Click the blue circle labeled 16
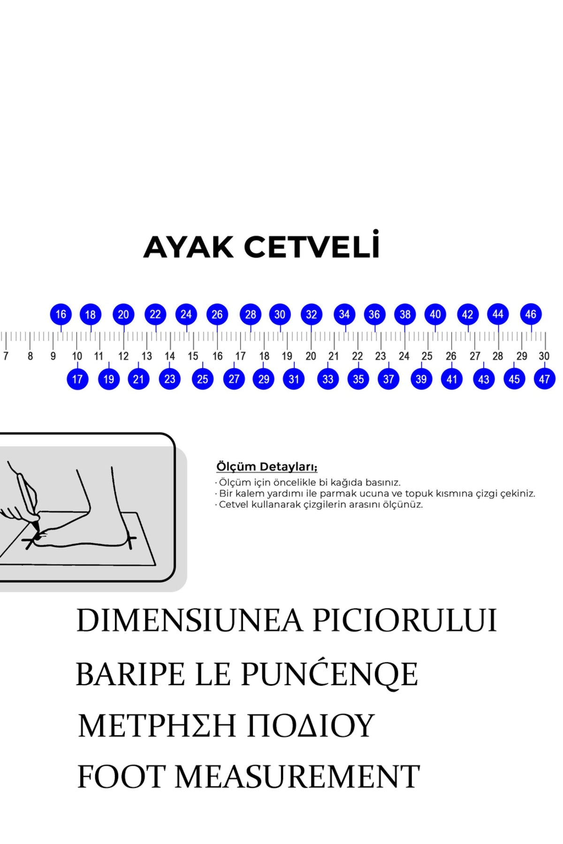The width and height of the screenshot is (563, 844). pyautogui.click(x=61, y=314)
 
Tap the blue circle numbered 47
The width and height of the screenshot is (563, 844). pyautogui.click(x=544, y=379)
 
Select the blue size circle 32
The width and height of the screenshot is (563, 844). pyautogui.click(x=312, y=314)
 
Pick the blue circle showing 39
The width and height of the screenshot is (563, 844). pyautogui.click(x=421, y=379)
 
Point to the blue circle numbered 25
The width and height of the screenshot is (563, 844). pyautogui.click(x=203, y=379)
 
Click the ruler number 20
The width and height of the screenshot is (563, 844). pyautogui.click(x=311, y=356)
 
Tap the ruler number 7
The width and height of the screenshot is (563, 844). pyautogui.click(x=6, y=356)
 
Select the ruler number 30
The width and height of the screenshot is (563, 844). pyautogui.click(x=544, y=356)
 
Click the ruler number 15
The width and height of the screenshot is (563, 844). pyautogui.click(x=193, y=356)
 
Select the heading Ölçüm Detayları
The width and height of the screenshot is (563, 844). pyautogui.click(x=266, y=467)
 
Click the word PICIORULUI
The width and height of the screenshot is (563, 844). pyautogui.click(x=404, y=621)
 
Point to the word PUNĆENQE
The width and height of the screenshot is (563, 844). pyautogui.click(x=329, y=675)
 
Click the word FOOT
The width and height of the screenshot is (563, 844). pyautogui.click(x=122, y=777)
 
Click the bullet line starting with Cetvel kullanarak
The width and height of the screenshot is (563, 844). pyautogui.click(x=320, y=505)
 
